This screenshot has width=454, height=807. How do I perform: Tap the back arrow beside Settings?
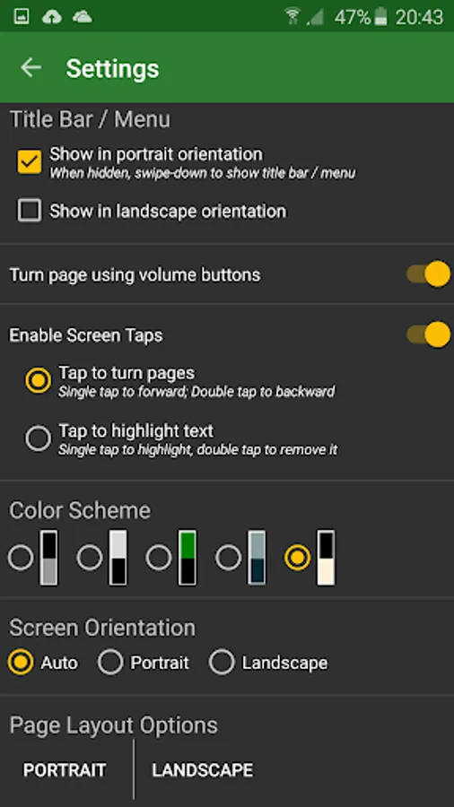coord(31,68)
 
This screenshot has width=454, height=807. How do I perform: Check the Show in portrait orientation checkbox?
coord(30,161)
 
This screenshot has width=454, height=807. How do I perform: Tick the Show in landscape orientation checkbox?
coord(30,211)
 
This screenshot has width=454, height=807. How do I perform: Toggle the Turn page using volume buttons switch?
coord(428,274)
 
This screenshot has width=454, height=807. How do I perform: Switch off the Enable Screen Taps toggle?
coord(428,334)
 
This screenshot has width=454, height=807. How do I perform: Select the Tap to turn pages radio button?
coord(38,381)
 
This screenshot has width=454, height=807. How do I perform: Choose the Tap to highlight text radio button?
coord(38,438)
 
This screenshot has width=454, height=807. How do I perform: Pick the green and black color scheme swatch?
coord(188,558)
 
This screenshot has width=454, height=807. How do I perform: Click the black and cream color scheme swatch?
coord(326,558)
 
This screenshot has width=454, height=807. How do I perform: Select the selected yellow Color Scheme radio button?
coord(298,558)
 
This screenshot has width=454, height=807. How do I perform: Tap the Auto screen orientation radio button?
coord(21,663)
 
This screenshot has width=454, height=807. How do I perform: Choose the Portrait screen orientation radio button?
coord(110,663)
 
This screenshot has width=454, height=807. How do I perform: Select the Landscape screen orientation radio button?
coord(222,663)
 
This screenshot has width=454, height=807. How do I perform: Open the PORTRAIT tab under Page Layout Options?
coord(65,770)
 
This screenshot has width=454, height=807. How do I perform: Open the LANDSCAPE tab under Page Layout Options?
coord(203,770)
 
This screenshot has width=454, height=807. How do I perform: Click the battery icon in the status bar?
coord(380,17)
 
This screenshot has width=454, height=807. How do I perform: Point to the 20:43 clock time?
coord(420,17)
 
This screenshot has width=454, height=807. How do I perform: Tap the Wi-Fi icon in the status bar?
coord(292,16)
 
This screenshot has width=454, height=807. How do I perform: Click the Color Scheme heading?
coord(80,510)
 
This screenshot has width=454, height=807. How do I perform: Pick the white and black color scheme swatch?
coord(118,558)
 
